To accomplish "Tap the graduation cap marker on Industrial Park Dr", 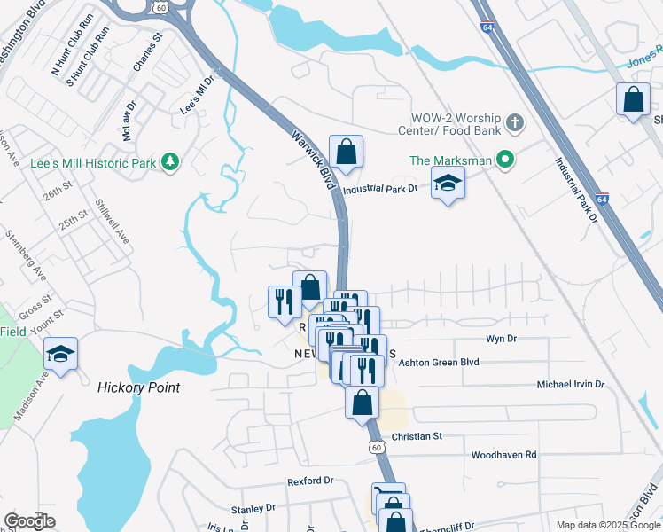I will click(x=448, y=185).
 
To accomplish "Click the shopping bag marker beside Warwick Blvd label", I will click(x=346, y=152).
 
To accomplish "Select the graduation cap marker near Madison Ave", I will click(x=60, y=355).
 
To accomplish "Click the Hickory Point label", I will click(x=138, y=387).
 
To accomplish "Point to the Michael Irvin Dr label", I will click(x=570, y=385).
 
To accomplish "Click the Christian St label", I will click(x=416, y=436).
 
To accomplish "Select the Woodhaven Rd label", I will click(x=504, y=454).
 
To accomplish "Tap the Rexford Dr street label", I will click(x=309, y=481).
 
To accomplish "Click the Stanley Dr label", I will click(x=253, y=509).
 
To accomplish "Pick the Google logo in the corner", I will click(x=29, y=521).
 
